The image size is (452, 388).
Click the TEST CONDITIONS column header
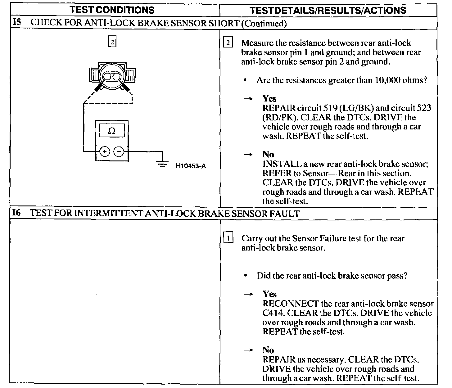[x=112, y=10]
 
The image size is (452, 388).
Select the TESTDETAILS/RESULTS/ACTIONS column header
[x=328, y=10]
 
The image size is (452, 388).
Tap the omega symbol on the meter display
[x=112, y=131]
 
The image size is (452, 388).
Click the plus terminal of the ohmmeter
[x=105, y=151]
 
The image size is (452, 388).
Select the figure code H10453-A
[x=191, y=166]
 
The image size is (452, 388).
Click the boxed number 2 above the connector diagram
[x=112, y=42]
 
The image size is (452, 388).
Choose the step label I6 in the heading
[x=16, y=213]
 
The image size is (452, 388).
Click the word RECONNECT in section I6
[x=291, y=304]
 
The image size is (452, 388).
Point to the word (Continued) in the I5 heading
[x=264, y=23]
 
